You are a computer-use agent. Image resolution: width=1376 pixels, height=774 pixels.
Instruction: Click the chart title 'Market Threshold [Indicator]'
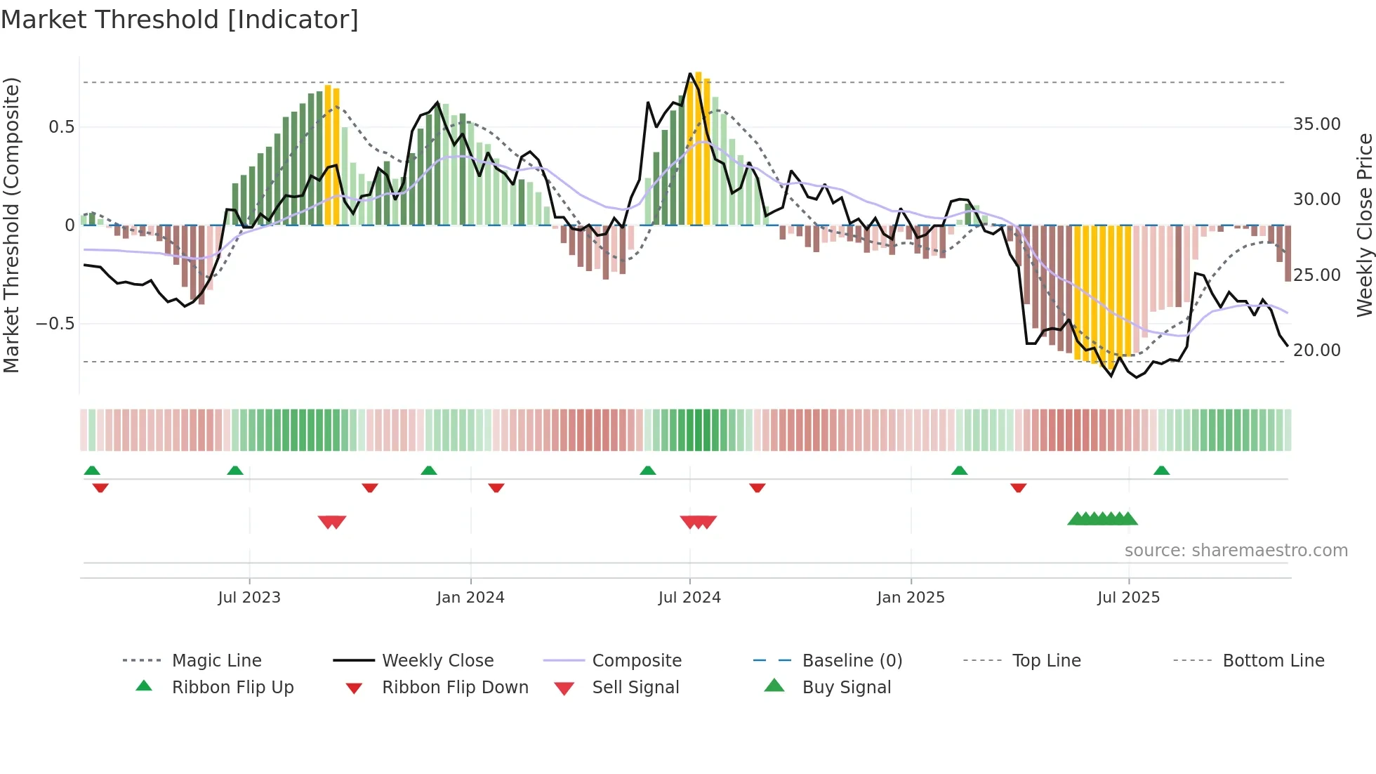tap(180, 20)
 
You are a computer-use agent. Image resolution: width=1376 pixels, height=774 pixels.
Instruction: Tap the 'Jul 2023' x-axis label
tap(249, 598)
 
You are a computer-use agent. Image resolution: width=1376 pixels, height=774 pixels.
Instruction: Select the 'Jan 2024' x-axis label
tap(470, 598)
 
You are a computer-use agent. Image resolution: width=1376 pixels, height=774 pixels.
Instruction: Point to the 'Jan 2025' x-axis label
tap(911, 598)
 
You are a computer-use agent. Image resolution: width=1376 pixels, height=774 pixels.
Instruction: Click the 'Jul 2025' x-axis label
tap(1129, 598)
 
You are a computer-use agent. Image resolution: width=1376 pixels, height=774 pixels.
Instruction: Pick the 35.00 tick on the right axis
tap(1317, 124)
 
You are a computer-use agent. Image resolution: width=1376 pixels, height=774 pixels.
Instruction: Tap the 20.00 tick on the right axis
tap(1317, 350)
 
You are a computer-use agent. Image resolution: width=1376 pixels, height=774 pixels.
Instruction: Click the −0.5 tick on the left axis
tap(55, 324)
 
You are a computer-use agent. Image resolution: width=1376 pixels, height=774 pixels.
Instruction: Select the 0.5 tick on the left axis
tap(61, 127)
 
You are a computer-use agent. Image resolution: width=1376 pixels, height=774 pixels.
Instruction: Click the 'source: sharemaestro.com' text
tap(1236, 551)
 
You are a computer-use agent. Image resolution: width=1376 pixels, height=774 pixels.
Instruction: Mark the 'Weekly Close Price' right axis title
tap(1364, 225)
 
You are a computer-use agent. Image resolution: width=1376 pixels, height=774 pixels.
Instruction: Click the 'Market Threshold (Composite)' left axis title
tap(11, 225)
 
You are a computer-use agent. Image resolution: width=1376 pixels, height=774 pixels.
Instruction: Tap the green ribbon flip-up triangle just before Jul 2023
tap(235, 471)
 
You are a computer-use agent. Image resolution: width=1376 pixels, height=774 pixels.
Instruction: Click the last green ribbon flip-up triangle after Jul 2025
tap(1161, 471)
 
